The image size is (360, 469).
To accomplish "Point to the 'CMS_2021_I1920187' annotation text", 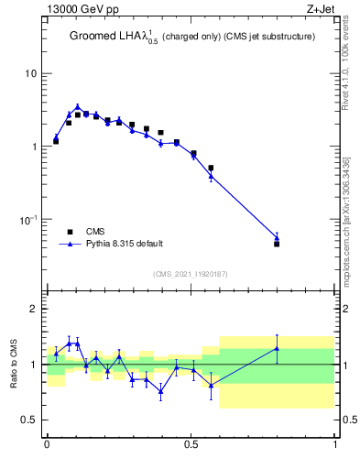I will pos(190,274).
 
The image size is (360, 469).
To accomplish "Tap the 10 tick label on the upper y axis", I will pos(31,73).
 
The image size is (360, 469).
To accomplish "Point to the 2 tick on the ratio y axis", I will pos(35,310).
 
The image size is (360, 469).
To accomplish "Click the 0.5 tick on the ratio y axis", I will pos(30,420).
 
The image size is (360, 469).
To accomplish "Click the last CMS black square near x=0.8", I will pos(277,244).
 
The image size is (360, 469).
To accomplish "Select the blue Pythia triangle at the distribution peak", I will pos(78,107).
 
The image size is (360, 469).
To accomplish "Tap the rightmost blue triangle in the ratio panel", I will pos(277,348).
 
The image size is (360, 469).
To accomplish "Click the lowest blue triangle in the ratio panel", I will pos(161,391).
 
